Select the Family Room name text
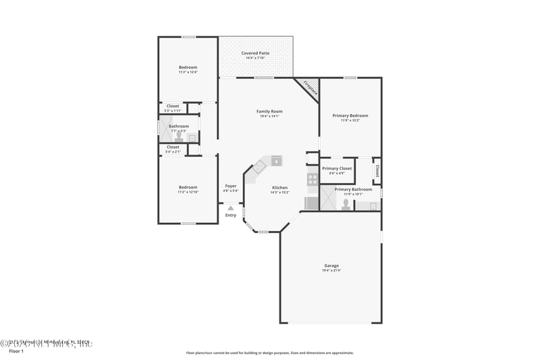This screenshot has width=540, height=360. [x=269, y=111]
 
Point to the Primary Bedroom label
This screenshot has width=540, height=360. [x=350, y=115]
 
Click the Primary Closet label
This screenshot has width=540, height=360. [x=337, y=168]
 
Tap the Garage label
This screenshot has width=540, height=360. [x=331, y=265]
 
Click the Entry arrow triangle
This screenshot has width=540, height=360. [x=231, y=209]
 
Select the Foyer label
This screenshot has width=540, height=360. [x=231, y=186]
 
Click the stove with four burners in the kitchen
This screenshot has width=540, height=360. [x=313, y=180]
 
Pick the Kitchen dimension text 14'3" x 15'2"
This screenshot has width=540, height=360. [x=279, y=192]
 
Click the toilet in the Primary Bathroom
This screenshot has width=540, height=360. [x=346, y=203]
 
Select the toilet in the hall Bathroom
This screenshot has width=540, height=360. [x=178, y=135]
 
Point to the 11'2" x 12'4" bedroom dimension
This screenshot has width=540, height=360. [x=188, y=72]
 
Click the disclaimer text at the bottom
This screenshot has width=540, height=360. [x=269, y=353]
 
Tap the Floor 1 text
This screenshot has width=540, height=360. [x=16, y=351]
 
